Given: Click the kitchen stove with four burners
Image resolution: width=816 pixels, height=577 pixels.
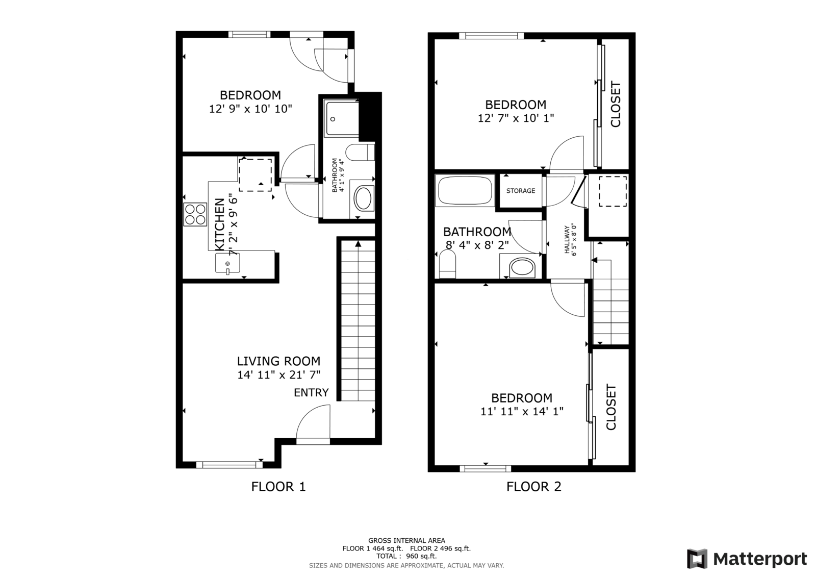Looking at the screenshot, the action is coord(195,214).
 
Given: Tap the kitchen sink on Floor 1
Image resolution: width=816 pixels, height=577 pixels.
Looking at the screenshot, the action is coord(227,263).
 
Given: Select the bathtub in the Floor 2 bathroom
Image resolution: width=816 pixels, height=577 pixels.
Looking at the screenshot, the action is coord(465,190).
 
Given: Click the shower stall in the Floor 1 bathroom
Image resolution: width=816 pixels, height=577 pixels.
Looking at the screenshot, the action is coord(342,119).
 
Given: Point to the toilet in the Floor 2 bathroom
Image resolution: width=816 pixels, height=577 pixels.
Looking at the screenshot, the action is coord(448,265).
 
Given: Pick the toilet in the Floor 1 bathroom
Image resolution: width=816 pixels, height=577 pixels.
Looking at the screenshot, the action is coord(360,153).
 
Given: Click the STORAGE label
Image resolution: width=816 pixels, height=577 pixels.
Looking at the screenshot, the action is coord(521,191).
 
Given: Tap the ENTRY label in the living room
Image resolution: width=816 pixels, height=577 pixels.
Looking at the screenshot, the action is coord(311,392).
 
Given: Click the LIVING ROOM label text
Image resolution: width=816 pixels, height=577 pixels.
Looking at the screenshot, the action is coord(278,361).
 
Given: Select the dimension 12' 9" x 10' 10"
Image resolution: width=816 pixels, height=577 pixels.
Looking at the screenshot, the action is coord(250,109).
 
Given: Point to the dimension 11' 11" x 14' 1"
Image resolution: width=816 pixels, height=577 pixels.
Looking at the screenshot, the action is coord(522,412).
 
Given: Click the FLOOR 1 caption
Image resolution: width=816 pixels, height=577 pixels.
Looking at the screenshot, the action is coord(278,487).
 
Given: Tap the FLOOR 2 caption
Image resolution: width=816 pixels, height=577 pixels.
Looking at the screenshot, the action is coord(533,487).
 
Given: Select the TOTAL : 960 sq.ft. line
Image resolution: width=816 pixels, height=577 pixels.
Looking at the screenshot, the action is coord(406,556).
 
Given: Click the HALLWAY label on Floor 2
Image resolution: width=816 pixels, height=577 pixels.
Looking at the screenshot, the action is coord(567,239).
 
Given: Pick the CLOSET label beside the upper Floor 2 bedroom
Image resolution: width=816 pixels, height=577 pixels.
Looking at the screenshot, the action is coord(615,104).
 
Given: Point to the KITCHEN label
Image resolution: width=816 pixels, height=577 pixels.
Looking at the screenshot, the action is coord(219,224).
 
